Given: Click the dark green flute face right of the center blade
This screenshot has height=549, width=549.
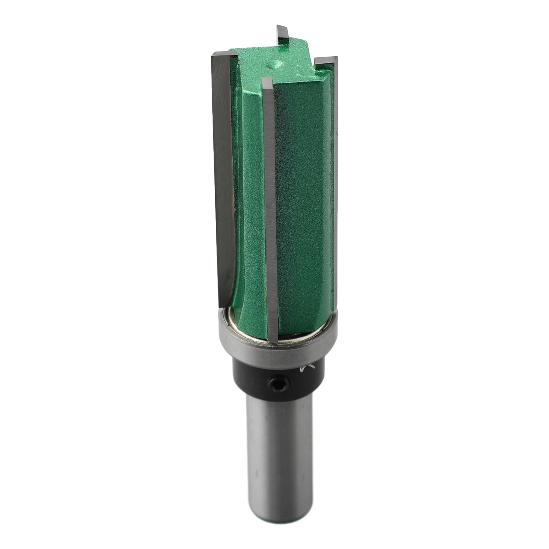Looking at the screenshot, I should tap(302, 206).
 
